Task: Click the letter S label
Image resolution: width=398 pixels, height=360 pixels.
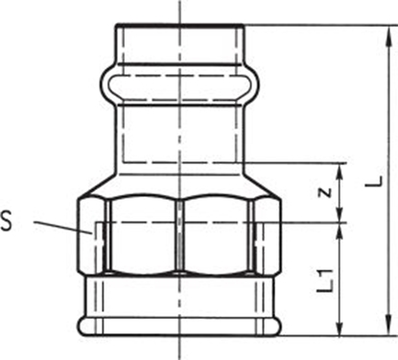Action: click(x=9, y=223)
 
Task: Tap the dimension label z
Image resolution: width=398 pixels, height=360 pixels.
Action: click(x=325, y=191)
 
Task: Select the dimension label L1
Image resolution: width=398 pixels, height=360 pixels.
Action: click(x=327, y=278)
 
